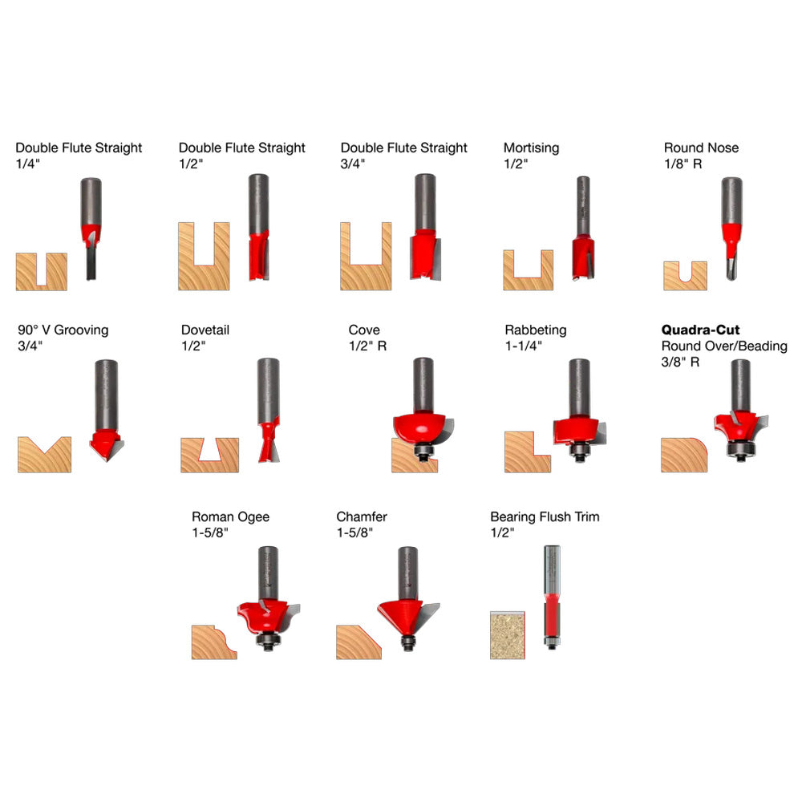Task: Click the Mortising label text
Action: tap(531, 148)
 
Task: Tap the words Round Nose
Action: tap(701, 148)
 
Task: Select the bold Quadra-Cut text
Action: tap(700, 330)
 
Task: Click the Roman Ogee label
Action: tap(230, 516)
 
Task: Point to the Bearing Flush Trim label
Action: tap(545, 516)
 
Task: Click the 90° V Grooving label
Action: tap(63, 330)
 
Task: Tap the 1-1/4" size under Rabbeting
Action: tap(524, 346)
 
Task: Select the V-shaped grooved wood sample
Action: tap(44, 455)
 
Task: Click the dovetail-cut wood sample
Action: tap(209, 455)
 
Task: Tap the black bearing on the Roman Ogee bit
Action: tap(268, 639)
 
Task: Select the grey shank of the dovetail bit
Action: tap(268, 389)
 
